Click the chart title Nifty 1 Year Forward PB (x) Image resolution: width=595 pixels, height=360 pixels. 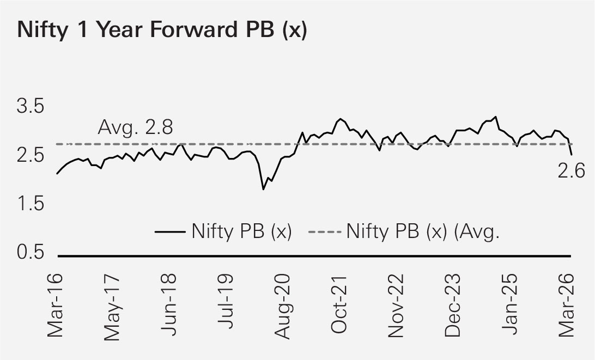(x=162, y=31)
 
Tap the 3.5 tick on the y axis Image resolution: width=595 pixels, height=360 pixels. (x=31, y=106)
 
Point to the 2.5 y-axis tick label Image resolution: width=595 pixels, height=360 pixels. (x=31, y=155)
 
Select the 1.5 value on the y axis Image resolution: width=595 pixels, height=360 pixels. (x=31, y=204)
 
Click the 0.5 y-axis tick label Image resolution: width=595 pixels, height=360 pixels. (x=31, y=253)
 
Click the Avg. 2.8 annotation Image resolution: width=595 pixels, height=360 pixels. (x=135, y=128)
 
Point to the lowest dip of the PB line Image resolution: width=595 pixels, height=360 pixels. (x=263, y=189)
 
